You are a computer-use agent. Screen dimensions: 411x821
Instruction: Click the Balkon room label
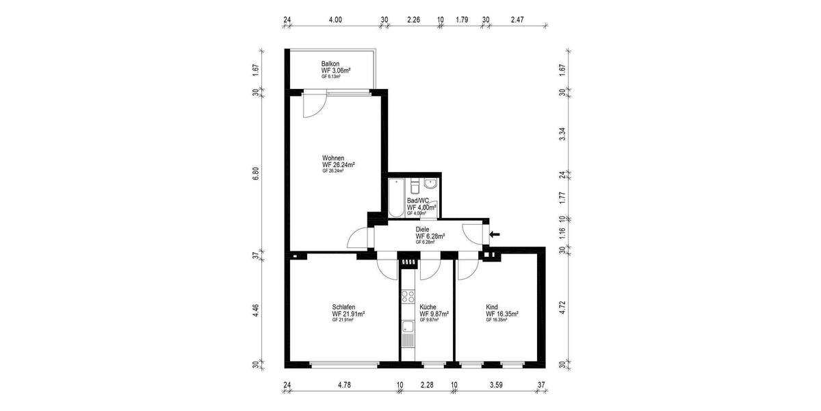331,64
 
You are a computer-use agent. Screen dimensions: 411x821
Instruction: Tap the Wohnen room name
333,158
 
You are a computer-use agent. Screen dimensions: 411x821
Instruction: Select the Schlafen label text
343,307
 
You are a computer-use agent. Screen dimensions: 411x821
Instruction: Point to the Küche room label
428,307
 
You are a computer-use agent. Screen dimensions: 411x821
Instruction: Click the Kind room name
492,307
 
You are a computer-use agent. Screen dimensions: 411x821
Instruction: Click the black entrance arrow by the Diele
495,234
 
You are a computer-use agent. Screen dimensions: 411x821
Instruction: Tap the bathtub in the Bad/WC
396,199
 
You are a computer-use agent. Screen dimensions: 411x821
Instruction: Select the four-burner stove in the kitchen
408,296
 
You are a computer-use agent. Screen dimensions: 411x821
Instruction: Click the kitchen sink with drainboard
408,333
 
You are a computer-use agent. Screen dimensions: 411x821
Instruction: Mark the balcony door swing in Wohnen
313,105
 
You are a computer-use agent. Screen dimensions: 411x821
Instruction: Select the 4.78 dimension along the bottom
344,385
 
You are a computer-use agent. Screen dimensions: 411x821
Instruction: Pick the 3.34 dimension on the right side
562,134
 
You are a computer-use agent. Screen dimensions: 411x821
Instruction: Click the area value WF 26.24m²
338,164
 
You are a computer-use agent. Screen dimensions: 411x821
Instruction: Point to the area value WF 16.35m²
502,314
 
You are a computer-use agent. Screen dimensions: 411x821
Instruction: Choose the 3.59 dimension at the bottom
497,385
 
